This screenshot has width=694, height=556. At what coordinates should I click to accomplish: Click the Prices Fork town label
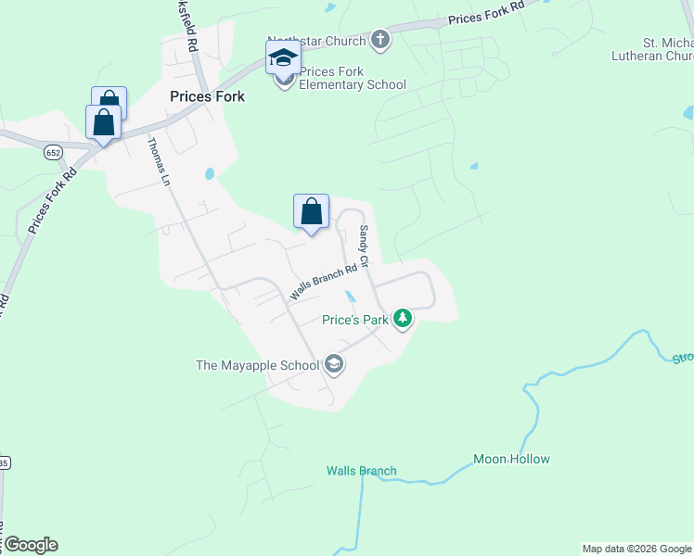coord(207,95)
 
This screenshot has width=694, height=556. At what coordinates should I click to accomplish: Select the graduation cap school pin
coord(283,59)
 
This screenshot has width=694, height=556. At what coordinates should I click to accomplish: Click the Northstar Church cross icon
coord(379,40)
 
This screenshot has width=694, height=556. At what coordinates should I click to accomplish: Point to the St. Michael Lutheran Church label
coord(668,49)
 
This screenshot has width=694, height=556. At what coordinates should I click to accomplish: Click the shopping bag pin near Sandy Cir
coord(312,212)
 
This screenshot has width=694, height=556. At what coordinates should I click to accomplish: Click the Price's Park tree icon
coord(403,320)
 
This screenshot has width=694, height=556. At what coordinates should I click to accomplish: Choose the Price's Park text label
coord(353,321)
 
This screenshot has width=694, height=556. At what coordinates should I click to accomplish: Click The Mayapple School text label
coord(257,365)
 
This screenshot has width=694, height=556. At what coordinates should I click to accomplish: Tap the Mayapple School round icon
coord(334,365)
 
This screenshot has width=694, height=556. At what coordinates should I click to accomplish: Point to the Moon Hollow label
coord(511,459)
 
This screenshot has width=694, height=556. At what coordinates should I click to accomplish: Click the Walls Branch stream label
coord(361,471)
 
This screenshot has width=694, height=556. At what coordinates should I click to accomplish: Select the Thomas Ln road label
coord(161,161)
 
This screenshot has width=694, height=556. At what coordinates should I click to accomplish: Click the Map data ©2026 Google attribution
coord(636,549)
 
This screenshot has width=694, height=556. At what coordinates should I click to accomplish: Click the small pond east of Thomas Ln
coord(210,173)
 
